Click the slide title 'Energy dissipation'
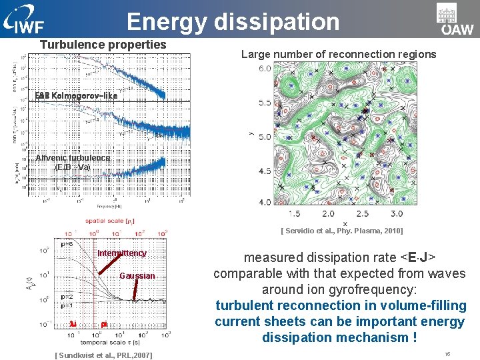pos(233,21)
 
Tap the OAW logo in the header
pos(455,19)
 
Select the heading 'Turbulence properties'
pos(103,45)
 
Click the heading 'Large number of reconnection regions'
pos(339,54)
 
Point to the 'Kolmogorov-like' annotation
pos(76,96)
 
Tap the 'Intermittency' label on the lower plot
pos(122,253)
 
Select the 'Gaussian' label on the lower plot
pos(137,276)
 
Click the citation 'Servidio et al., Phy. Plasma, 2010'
pos(341,231)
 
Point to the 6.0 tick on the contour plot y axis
pos(265,68)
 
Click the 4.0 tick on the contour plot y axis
pos(265,202)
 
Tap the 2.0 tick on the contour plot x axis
pos(329,214)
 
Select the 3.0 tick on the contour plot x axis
pos(396,214)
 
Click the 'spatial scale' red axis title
pos(110,221)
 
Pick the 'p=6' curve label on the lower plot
pos(67,244)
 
